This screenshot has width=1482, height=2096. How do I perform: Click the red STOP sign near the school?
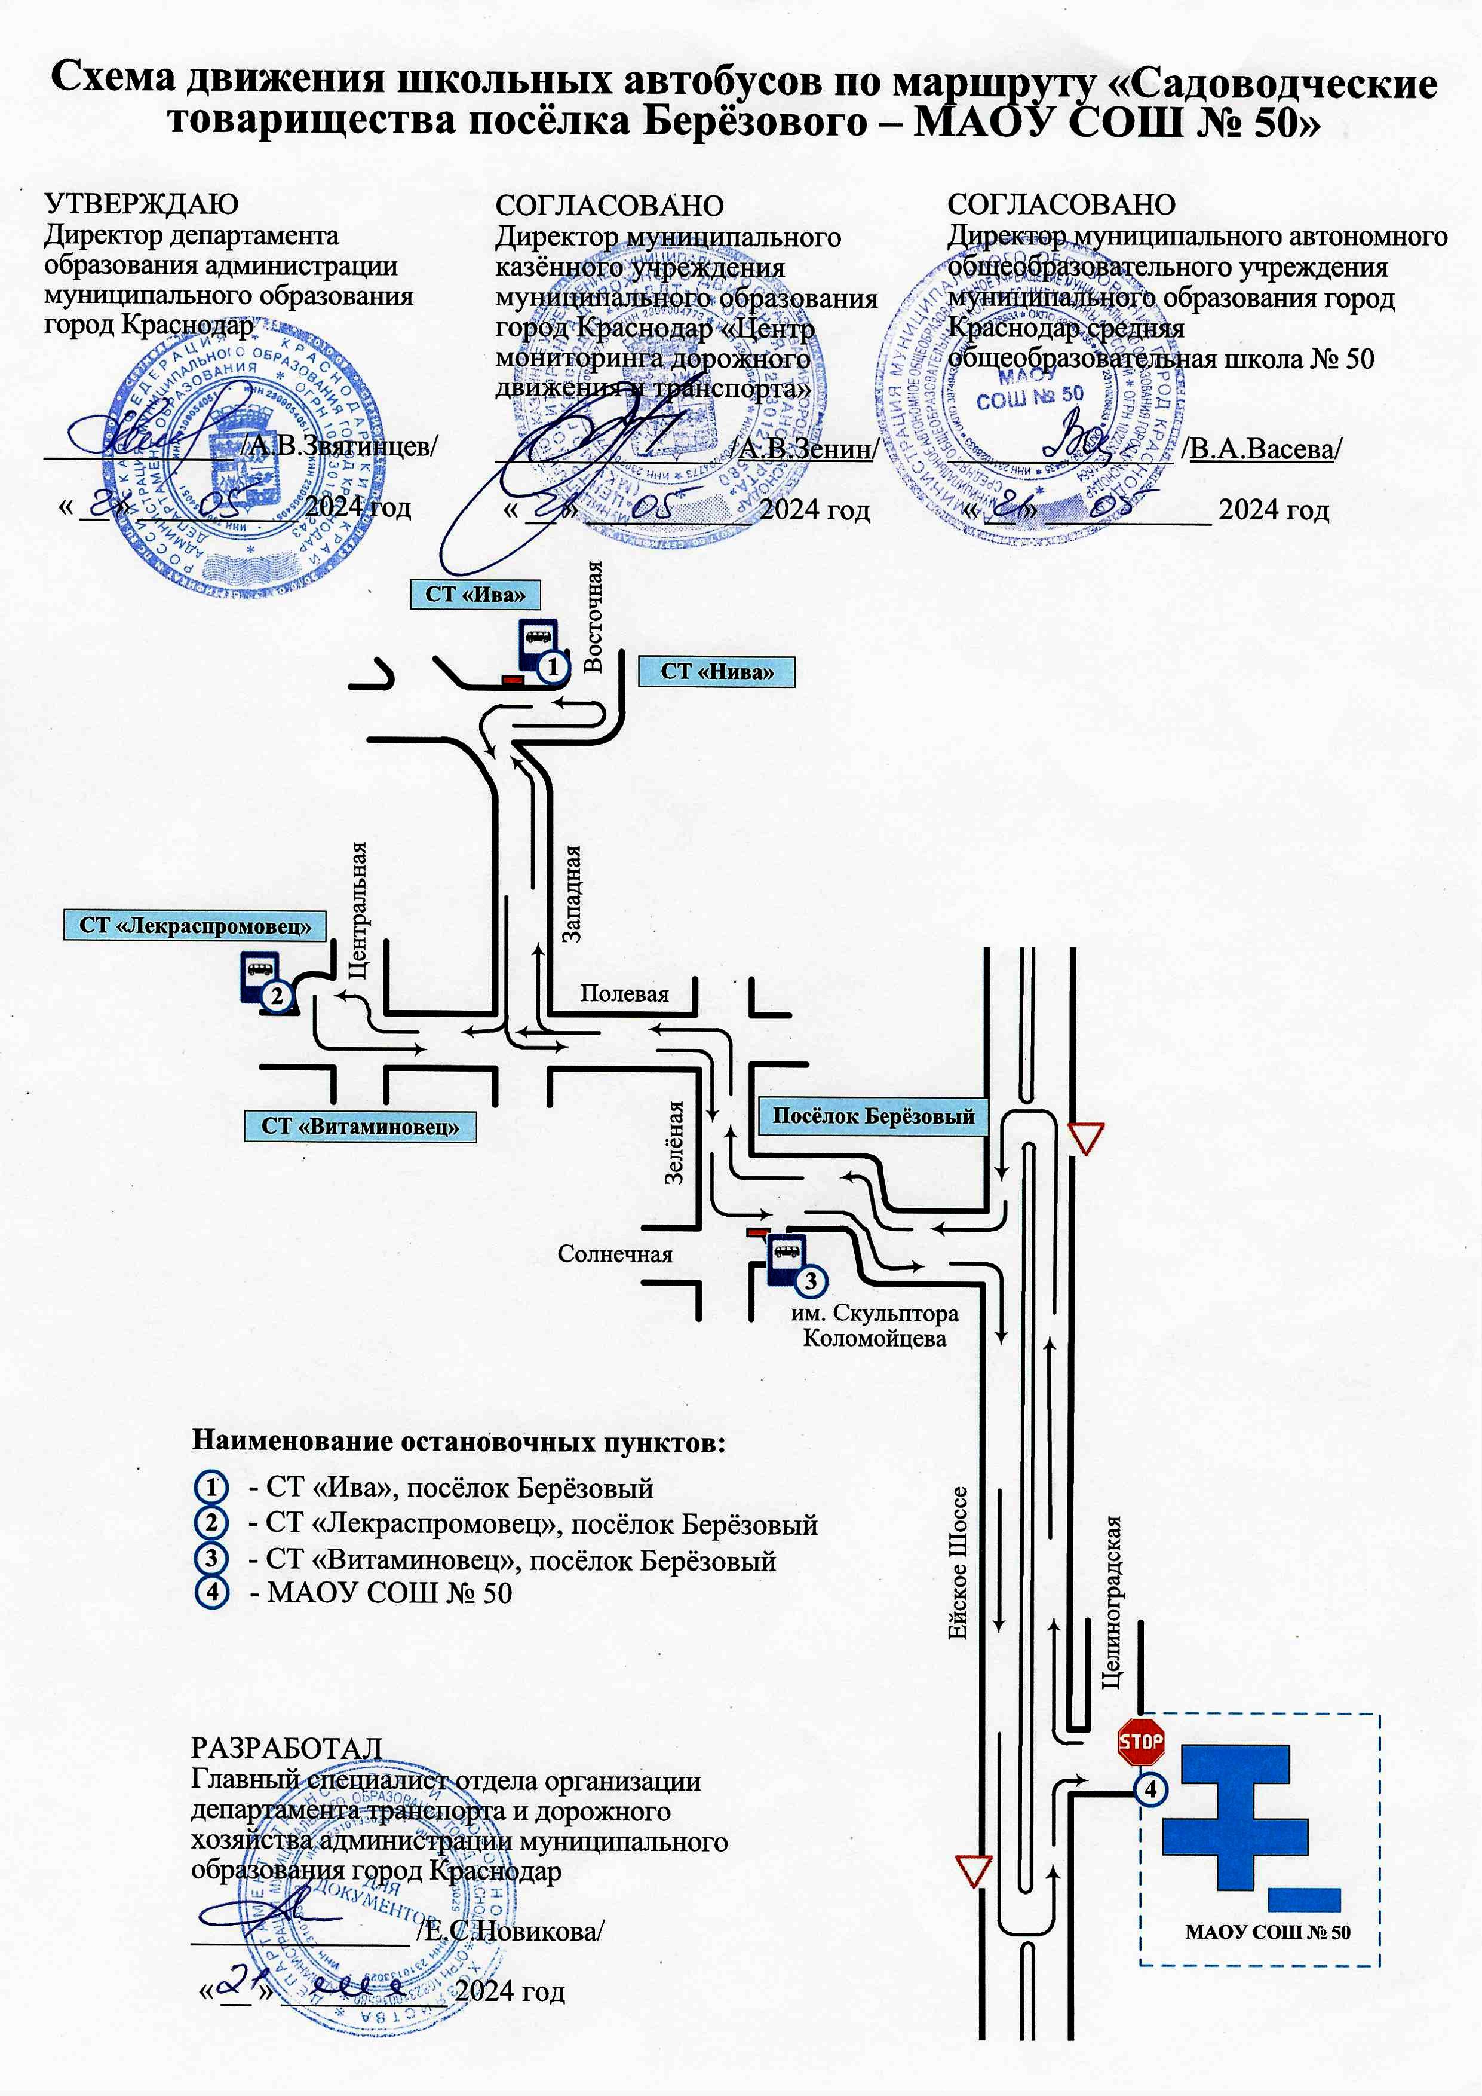[1141, 1741]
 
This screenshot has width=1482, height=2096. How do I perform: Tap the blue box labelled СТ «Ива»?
[474, 594]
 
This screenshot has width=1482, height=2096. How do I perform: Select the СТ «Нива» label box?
[716, 671]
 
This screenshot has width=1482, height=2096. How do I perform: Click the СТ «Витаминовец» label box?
[360, 1125]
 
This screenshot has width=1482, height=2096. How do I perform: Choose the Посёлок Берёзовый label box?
[873, 1116]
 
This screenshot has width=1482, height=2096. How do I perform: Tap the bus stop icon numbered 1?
[538, 647]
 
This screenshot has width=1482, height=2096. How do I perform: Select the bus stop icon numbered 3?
[787, 1260]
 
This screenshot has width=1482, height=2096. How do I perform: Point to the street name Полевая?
[624, 993]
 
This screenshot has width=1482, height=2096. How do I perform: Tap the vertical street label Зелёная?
[673, 1143]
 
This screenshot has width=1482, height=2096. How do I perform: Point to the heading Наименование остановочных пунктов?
[458, 1442]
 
